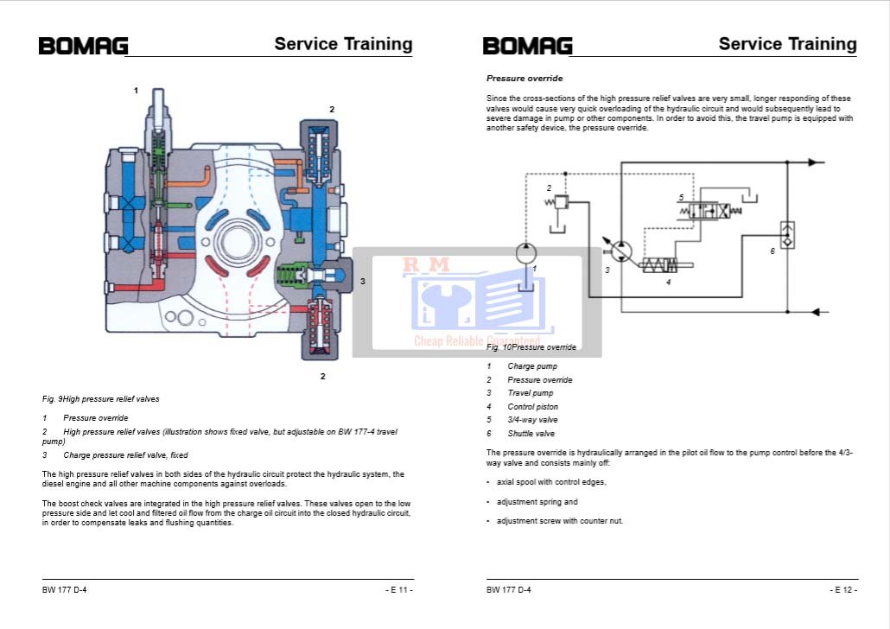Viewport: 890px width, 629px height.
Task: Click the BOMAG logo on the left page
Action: coord(83,46)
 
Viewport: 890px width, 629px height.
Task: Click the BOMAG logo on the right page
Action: coord(527,46)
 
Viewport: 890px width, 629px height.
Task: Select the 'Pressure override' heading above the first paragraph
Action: coord(524,79)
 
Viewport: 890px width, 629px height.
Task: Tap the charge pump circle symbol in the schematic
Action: coord(526,253)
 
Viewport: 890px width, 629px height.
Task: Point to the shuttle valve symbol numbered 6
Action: coord(786,234)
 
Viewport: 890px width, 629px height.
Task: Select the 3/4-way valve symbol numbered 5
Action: coord(712,210)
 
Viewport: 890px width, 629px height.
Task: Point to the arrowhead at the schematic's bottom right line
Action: coord(816,312)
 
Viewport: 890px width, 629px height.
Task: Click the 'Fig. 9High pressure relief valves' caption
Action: coord(100,399)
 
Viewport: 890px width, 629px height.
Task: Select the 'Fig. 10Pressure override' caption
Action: coord(531,347)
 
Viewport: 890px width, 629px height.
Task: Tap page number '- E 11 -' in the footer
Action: coord(399,590)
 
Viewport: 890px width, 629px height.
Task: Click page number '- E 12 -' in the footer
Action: coord(843,590)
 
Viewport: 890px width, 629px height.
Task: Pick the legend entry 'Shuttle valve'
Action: coord(531,434)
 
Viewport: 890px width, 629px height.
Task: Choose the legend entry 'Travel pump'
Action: coord(530,393)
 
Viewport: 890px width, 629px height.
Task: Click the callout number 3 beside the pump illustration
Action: coord(363,282)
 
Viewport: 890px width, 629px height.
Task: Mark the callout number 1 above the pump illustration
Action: coord(136,90)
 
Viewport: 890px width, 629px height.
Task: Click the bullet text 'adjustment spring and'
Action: coord(537,502)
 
